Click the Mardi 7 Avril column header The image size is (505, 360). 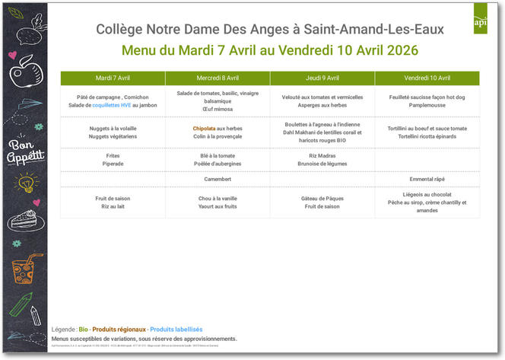point(113,78)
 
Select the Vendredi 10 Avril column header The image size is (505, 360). point(427,78)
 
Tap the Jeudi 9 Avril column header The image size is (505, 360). point(322,78)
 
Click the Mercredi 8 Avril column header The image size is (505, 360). point(218,78)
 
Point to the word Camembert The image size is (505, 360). point(218,179)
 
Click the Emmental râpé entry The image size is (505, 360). point(427,179)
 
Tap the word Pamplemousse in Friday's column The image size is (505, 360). point(427,105)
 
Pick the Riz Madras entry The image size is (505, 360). point(322,155)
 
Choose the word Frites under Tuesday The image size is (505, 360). point(113,155)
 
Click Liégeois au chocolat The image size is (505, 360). point(427,195)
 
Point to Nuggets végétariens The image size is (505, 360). point(113,136)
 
